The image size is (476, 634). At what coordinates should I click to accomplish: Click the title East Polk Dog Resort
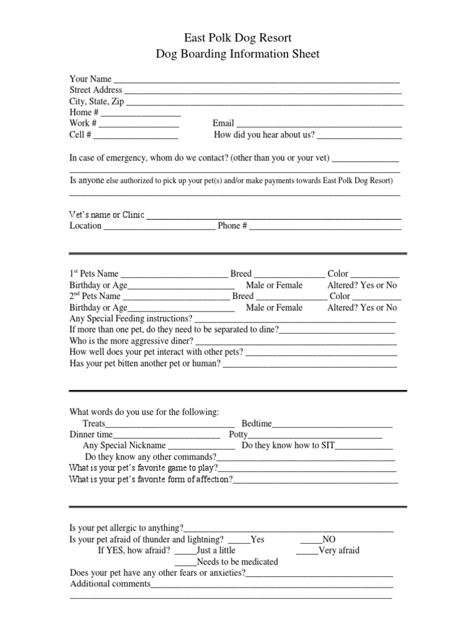(x=238, y=38)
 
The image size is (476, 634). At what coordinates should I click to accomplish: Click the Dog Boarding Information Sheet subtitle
(x=238, y=54)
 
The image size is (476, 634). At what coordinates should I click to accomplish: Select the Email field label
(x=223, y=123)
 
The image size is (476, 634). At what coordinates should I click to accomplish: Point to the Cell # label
(x=81, y=134)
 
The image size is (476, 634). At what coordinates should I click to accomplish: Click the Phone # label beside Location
(x=232, y=226)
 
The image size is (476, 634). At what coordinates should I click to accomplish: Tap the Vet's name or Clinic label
(x=107, y=215)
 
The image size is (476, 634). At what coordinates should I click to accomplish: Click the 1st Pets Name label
(x=94, y=274)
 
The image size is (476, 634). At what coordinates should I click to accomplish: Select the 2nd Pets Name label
(x=95, y=297)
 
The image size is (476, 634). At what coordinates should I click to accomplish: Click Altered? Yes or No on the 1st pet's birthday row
(x=362, y=285)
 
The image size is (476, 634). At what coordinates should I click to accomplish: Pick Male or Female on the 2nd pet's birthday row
(x=274, y=308)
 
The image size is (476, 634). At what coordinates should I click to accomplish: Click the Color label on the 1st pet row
(x=338, y=274)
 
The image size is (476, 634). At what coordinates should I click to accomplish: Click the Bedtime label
(x=257, y=423)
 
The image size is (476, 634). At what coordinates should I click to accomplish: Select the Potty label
(x=239, y=435)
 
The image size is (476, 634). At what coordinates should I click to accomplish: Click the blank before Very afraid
(x=307, y=550)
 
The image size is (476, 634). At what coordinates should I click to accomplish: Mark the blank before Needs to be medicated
(x=185, y=562)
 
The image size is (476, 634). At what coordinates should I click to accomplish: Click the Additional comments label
(x=110, y=584)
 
